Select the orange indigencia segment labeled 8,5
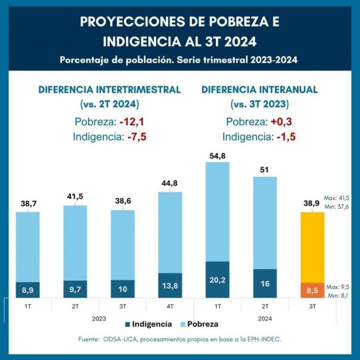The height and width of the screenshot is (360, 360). point(308,290)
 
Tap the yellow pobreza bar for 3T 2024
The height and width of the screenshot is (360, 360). point(308,247)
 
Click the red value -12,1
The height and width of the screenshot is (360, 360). point(129,122)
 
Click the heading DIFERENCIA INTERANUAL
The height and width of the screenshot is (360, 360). point(259,90)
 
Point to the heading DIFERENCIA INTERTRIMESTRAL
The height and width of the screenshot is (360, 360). point(109,90)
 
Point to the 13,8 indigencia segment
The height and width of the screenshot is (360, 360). point(170,286)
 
